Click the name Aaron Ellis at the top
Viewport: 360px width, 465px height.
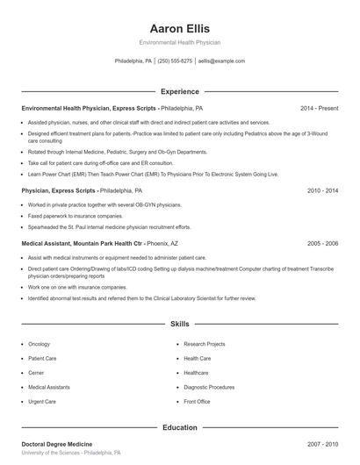[180, 28]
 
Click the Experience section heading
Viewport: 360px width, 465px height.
[180, 91]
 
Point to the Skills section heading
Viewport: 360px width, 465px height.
[180, 324]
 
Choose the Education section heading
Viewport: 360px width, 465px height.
[180, 427]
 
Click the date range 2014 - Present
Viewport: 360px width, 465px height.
[319, 108]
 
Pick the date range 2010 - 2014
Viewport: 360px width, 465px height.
[322, 190]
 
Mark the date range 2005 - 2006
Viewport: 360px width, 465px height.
[322, 243]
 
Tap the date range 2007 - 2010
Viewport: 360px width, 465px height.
[322, 445]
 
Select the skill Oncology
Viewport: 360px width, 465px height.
[40, 344]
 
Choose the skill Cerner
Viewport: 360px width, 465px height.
[38, 373]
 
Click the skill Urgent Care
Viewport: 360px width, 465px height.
[42, 401]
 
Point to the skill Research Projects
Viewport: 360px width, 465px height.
[205, 344]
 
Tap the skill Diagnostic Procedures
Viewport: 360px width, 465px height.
[209, 387]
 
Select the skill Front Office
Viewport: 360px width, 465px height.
[197, 401]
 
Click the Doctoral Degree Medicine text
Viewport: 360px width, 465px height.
[56, 445]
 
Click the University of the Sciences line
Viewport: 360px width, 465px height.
[71, 453]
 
